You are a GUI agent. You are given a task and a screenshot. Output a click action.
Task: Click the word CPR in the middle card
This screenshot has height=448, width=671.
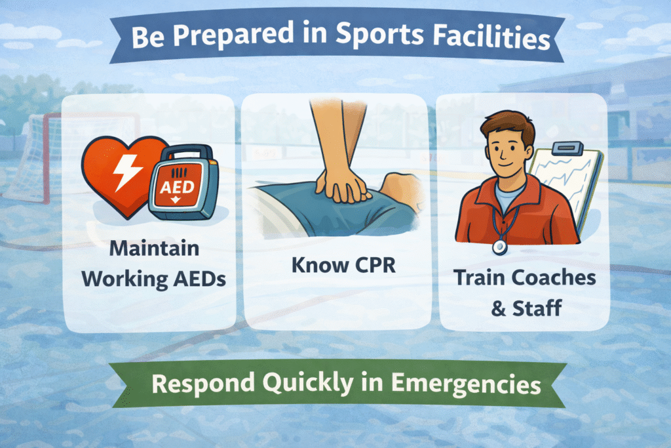point(370,266)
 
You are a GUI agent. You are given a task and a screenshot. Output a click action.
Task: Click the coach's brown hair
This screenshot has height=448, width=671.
point(510,124)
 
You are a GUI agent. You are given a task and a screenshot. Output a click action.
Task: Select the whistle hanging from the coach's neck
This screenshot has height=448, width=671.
point(500,246)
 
